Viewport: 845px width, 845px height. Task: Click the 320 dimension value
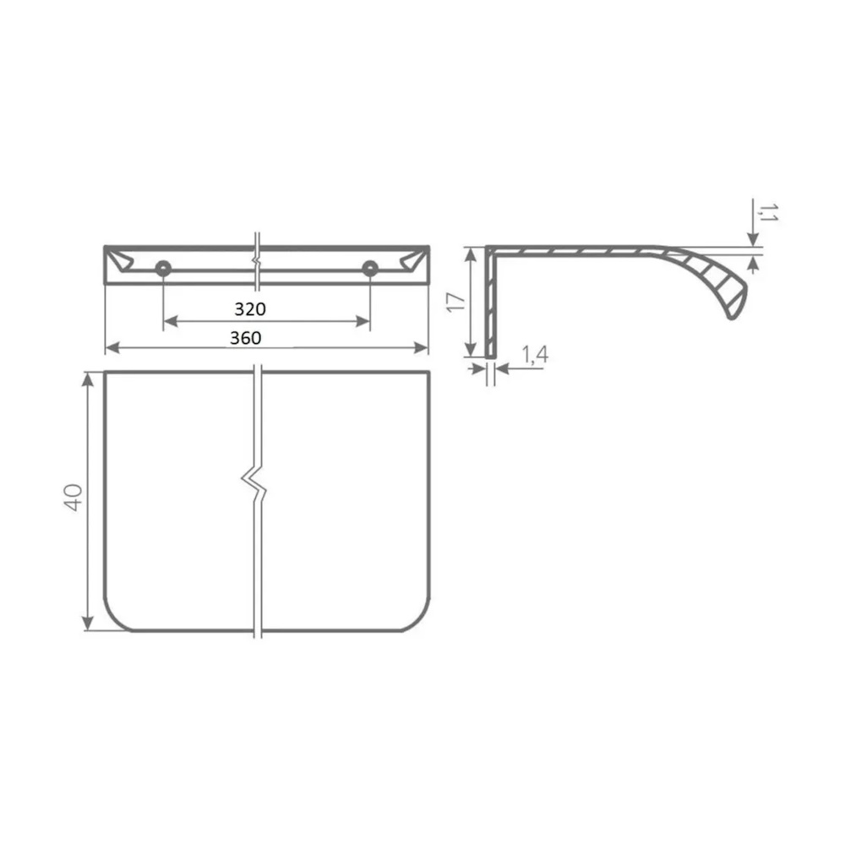click(250, 308)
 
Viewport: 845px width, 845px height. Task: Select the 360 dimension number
click(246, 338)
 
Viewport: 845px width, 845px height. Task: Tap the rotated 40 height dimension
click(73, 497)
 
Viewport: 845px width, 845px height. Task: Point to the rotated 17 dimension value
click(456, 302)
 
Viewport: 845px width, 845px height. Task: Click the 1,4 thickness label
click(535, 355)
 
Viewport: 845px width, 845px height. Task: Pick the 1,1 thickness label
click(767, 212)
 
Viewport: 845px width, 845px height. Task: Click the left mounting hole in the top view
click(163, 268)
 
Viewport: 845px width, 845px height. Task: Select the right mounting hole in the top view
click(370, 268)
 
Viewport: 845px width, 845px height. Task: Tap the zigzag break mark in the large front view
click(253, 484)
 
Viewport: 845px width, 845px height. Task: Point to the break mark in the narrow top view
click(258, 261)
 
